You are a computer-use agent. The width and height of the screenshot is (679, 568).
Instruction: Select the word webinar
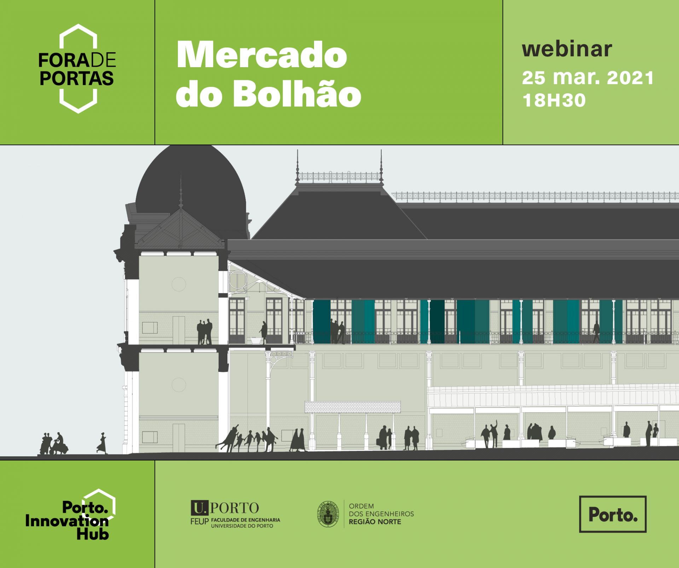[x=567, y=49]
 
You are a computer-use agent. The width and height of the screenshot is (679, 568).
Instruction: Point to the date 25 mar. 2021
[x=588, y=78]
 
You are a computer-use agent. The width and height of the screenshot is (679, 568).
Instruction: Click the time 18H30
[x=554, y=100]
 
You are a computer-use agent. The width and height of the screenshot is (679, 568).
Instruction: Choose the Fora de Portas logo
[x=77, y=69]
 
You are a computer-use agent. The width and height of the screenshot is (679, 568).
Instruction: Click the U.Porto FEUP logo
[x=235, y=514]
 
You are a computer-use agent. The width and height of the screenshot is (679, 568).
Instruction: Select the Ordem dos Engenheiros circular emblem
[x=328, y=514]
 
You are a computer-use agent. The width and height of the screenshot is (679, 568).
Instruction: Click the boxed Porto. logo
[x=613, y=514]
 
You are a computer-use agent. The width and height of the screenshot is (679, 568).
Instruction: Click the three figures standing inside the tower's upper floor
[x=205, y=332]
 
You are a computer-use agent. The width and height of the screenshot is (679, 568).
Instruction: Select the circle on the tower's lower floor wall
[x=179, y=385]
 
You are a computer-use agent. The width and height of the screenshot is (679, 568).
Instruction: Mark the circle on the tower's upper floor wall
[x=179, y=284]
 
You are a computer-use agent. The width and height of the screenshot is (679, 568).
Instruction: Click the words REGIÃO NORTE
[x=375, y=522]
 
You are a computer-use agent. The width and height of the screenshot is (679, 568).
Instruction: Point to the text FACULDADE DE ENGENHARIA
[x=245, y=520]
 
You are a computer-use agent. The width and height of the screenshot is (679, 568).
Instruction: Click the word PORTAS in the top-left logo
[x=76, y=78]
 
